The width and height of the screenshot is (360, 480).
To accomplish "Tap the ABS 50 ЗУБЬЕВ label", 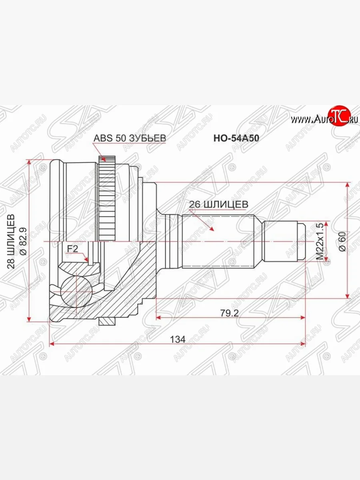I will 129,138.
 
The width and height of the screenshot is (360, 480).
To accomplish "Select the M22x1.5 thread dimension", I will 320,241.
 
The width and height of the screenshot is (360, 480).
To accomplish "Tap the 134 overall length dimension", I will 178,339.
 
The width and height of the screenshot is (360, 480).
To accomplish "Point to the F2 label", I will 72,249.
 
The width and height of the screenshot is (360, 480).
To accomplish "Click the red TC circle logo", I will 338,116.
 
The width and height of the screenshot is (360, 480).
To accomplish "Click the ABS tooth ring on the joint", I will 106,200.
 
